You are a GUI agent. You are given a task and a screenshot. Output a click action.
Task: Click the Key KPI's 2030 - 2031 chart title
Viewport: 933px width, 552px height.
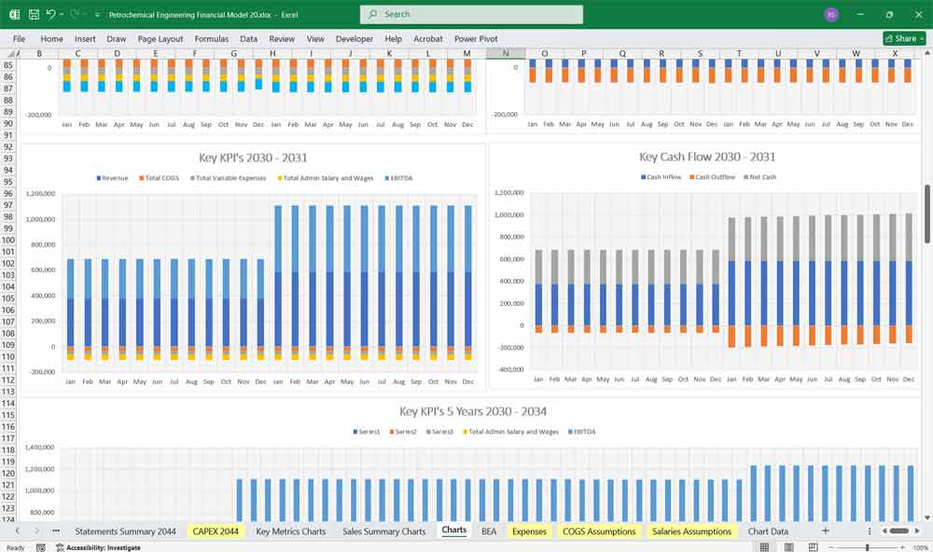tap(253, 158)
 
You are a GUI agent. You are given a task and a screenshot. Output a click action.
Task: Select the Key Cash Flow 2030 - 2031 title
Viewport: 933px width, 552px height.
tap(707, 157)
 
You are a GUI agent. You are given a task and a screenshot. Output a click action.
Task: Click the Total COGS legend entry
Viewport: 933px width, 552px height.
tap(160, 177)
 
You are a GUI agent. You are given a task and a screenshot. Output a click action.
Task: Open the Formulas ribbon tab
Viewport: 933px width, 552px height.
tap(212, 39)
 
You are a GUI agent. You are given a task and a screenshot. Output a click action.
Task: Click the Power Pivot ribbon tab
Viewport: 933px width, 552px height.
tap(476, 39)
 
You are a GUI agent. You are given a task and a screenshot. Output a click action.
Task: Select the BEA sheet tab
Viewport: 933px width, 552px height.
tap(489, 531)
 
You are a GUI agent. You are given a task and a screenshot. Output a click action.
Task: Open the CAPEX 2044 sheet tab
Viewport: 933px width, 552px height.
tap(215, 531)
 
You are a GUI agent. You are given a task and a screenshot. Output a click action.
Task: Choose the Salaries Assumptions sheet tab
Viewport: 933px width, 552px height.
tap(691, 531)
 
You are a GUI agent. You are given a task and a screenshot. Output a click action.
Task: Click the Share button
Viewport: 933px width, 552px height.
tap(903, 38)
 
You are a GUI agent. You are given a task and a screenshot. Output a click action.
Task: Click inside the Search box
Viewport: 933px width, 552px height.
tap(471, 14)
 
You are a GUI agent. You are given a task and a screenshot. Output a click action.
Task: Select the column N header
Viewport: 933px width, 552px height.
tap(506, 53)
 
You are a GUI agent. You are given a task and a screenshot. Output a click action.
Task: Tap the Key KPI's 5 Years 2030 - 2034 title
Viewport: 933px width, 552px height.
tap(473, 411)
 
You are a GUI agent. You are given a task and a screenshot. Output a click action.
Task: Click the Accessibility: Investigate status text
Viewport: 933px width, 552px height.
tap(103, 547)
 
